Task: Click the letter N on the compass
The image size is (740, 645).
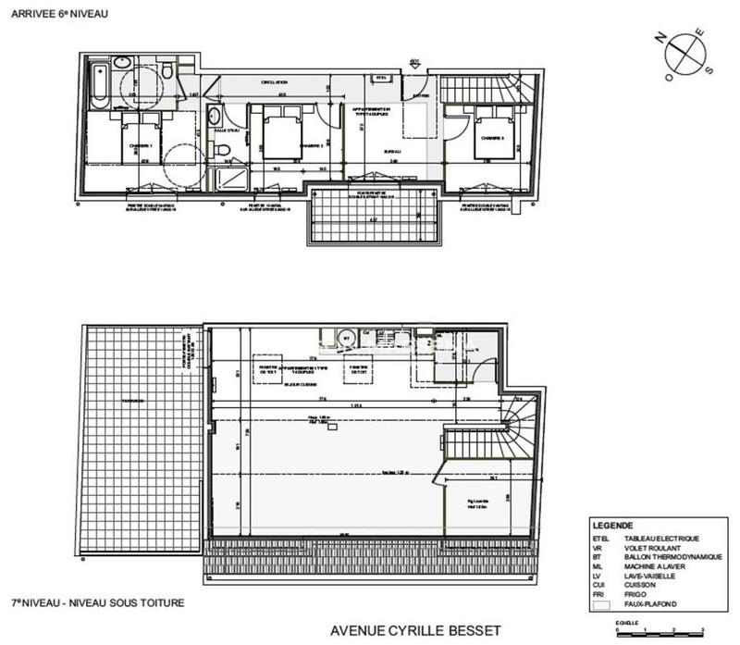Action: coord(659,39)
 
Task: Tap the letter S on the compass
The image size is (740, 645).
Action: coord(709,69)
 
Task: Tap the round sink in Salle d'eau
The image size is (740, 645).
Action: coord(215,117)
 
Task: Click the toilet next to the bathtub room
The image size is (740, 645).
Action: coord(166,71)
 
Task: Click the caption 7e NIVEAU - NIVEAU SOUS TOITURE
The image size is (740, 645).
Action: coord(97,602)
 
